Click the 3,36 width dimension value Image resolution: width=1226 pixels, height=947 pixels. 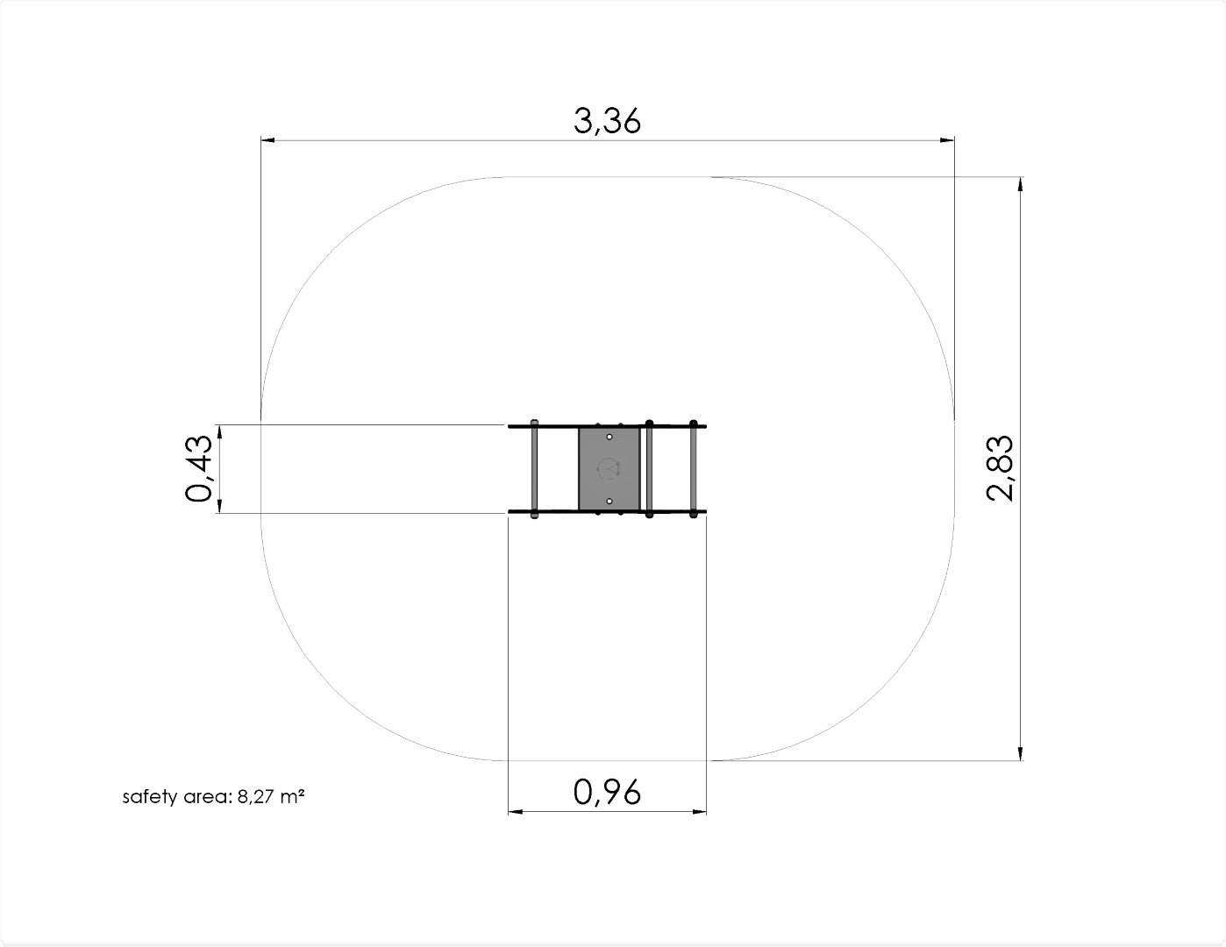pos(607,121)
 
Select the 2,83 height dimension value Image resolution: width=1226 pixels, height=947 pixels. pos(1000,468)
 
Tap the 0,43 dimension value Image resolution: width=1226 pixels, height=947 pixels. pos(198,469)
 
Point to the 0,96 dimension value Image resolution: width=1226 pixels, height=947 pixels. pos(607,792)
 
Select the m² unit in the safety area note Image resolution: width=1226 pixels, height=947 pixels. pos(292,796)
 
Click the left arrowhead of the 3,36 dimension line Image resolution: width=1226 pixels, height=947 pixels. pos(268,140)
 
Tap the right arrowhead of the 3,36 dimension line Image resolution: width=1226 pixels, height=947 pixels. pos(947,140)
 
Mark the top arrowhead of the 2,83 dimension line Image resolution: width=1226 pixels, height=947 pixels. pos(1020,184)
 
